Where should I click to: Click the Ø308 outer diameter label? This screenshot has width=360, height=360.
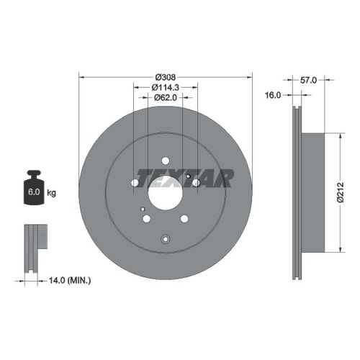tap(166, 77)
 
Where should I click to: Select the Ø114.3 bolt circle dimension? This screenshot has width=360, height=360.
tap(166, 88)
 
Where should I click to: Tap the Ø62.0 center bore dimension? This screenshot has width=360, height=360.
tap(166, 97)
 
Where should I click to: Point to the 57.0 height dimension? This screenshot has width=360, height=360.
tap(308, 80)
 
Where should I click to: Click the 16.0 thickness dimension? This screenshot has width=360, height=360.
tap(273, 95)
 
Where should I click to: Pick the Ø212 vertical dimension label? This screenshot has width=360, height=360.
tap(340, 192)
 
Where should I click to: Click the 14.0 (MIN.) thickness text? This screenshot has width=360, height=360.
tap(70, 280)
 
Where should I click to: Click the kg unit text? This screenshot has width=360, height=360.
tap(51, 192)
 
